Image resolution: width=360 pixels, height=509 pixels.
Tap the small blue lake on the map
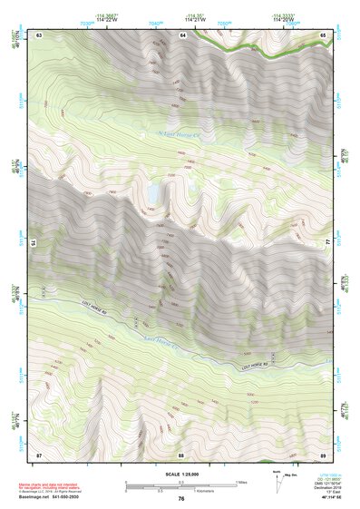pyautogui.click(x=156, y=192)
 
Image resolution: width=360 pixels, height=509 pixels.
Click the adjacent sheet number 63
pyautogui.click(x=39, y=34)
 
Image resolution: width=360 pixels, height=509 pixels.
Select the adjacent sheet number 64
pyautogui.click(x=181, y=34)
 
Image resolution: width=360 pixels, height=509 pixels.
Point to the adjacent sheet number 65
pyautogui.click(x=324, y=34)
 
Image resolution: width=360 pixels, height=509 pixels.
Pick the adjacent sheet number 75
pyautogui.click(x=35, y=242)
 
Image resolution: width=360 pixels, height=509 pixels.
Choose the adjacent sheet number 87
pyautogui.click(x=39, y=453)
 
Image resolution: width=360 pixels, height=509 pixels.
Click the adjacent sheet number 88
pyautogui.click(x=181, y=453)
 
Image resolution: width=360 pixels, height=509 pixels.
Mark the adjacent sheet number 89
pyautogui.click(x=324, y=453)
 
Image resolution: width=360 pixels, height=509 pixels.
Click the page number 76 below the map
pyautogui.click(x=181, y=498)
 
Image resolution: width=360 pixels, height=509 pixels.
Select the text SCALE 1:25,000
pyautogui.click(x=181, y=475)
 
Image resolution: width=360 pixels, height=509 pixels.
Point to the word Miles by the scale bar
pyautogui.click(x=241, y=482)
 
